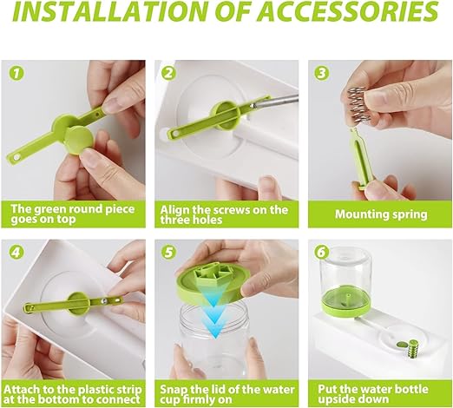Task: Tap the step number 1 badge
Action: click(16, 73)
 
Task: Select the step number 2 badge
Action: click(168, 73)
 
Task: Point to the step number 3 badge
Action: click(321, 73)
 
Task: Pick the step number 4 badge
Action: click(16, 253)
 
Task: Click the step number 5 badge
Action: click(168, 253)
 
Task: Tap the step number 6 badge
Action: click(321, 253)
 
